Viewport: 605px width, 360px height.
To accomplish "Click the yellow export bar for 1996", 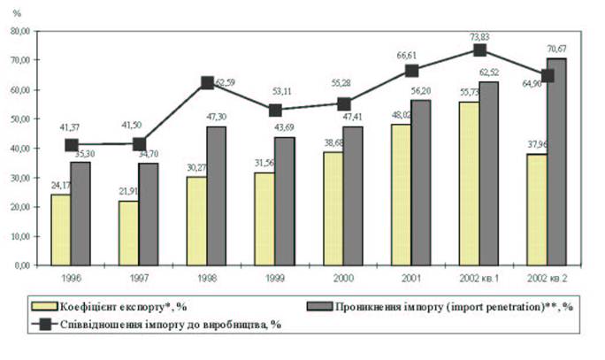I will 60,229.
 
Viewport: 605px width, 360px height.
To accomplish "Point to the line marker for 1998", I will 208,82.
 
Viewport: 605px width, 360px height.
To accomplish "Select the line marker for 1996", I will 72,144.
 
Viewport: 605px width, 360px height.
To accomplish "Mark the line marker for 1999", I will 276,111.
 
